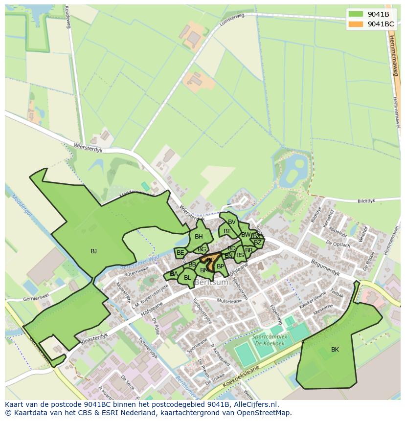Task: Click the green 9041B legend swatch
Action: pos(356,14)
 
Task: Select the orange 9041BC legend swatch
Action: pos(356,24)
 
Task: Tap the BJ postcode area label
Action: pos(93,251)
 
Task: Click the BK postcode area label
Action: pos(335,350)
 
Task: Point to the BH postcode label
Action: pos(199,237)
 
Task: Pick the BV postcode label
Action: pos(232,222)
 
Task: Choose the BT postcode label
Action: pos(227,231)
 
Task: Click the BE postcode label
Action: pos(180,253)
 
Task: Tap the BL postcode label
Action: pos(187,278)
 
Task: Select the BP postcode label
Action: pos(220,266)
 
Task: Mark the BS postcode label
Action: pos(240,255)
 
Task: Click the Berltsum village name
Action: pos(211,283)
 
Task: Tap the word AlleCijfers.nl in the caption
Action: pos(254,405)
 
